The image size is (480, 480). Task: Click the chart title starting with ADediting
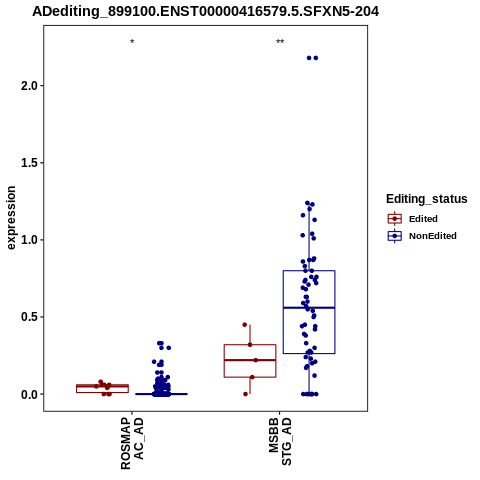click(205, 11)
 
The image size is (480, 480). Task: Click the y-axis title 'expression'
click(11, 218)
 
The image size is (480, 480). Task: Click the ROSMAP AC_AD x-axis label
click(132, 443)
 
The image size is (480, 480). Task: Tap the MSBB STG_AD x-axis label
click(280, 441)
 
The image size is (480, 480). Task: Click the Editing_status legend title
click(427, 199)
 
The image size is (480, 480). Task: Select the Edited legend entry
click(412, 219)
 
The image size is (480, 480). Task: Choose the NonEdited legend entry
click(422, 236)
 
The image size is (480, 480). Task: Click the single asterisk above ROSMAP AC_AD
click(132, 42)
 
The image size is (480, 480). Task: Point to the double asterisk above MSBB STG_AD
click(280, 42)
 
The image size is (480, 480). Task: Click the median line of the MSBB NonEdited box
click(309, 308)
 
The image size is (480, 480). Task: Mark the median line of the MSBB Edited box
click(250, 360)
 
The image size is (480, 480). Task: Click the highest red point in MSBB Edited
click(245, 325)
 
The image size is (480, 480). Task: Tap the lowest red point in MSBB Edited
click(246, 394)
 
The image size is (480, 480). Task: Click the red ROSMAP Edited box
click(102, 389)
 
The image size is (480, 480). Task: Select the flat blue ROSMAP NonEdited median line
click(161, 394)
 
